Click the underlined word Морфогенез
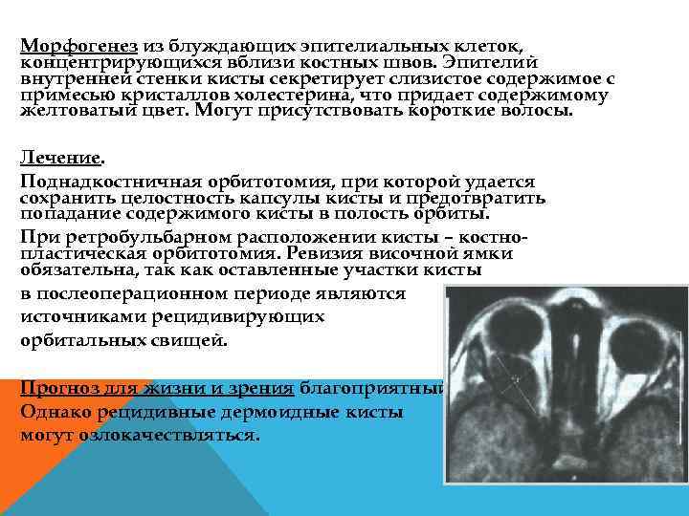tap(80, 45)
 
